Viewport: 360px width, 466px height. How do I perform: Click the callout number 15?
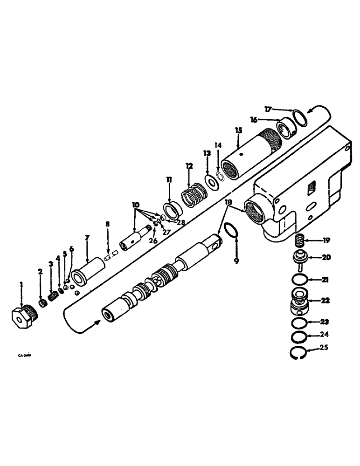coord(238,130)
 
